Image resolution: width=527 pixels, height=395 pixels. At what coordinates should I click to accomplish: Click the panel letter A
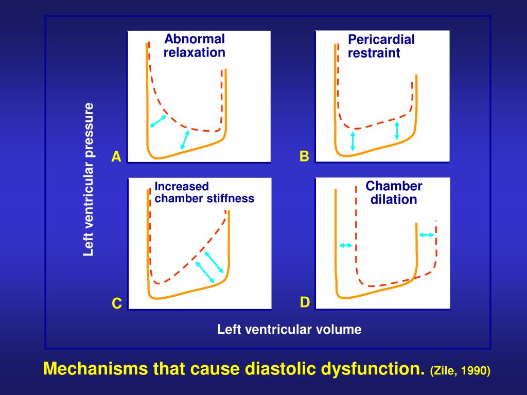click(117, 157)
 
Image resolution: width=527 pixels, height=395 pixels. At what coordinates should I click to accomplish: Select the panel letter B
click(305, 156)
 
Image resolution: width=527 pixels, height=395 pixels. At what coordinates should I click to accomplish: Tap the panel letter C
click(117, 304)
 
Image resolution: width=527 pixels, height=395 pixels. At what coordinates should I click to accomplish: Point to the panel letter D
click(305, 302)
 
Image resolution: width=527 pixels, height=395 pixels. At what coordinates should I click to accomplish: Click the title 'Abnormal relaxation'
click(195, 46)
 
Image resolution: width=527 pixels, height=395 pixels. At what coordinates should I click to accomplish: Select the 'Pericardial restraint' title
click(381, 46)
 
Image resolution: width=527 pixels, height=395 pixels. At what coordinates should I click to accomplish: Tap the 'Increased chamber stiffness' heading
click(204, 192)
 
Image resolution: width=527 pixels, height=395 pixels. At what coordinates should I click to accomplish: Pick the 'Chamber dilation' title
click(394, 193)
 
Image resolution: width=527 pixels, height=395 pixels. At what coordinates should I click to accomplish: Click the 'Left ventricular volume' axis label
click(289, 329)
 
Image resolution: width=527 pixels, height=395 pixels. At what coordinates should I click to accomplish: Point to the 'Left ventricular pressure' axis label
click(89, 179)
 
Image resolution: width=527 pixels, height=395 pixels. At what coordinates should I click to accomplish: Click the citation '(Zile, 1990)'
click(460, 371)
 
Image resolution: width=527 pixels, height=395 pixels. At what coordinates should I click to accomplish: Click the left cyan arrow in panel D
click(345, 245)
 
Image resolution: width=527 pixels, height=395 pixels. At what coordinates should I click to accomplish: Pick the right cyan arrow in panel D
click(426, 235)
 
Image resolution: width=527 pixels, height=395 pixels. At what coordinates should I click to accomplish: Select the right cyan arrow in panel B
click(397, 131)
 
